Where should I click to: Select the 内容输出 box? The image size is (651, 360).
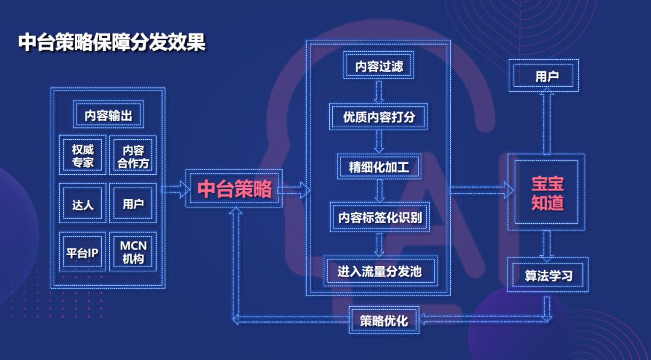[108, 115]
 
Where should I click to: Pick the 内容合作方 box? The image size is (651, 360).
[133, 156]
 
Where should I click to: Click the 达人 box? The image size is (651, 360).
[83, 204]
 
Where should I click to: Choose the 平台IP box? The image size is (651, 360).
[83, 253]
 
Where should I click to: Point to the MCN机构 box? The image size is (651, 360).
[133, 253]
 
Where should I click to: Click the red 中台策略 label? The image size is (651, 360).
[234, 189]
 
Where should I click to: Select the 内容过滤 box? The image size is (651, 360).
[379, 66]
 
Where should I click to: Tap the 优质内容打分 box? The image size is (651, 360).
[379, 116]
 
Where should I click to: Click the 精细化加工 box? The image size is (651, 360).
[379, 167]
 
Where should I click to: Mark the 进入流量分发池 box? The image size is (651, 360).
[379, 271]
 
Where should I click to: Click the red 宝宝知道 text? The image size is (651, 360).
[547, 192]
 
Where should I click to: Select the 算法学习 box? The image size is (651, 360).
[547, 276]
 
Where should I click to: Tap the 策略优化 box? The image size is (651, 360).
[384, 320]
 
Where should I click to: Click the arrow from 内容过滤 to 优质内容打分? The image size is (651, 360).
[379, 91]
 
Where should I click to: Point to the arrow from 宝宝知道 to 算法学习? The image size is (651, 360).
[547, 244]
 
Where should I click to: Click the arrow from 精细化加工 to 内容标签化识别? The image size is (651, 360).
[379, 192]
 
